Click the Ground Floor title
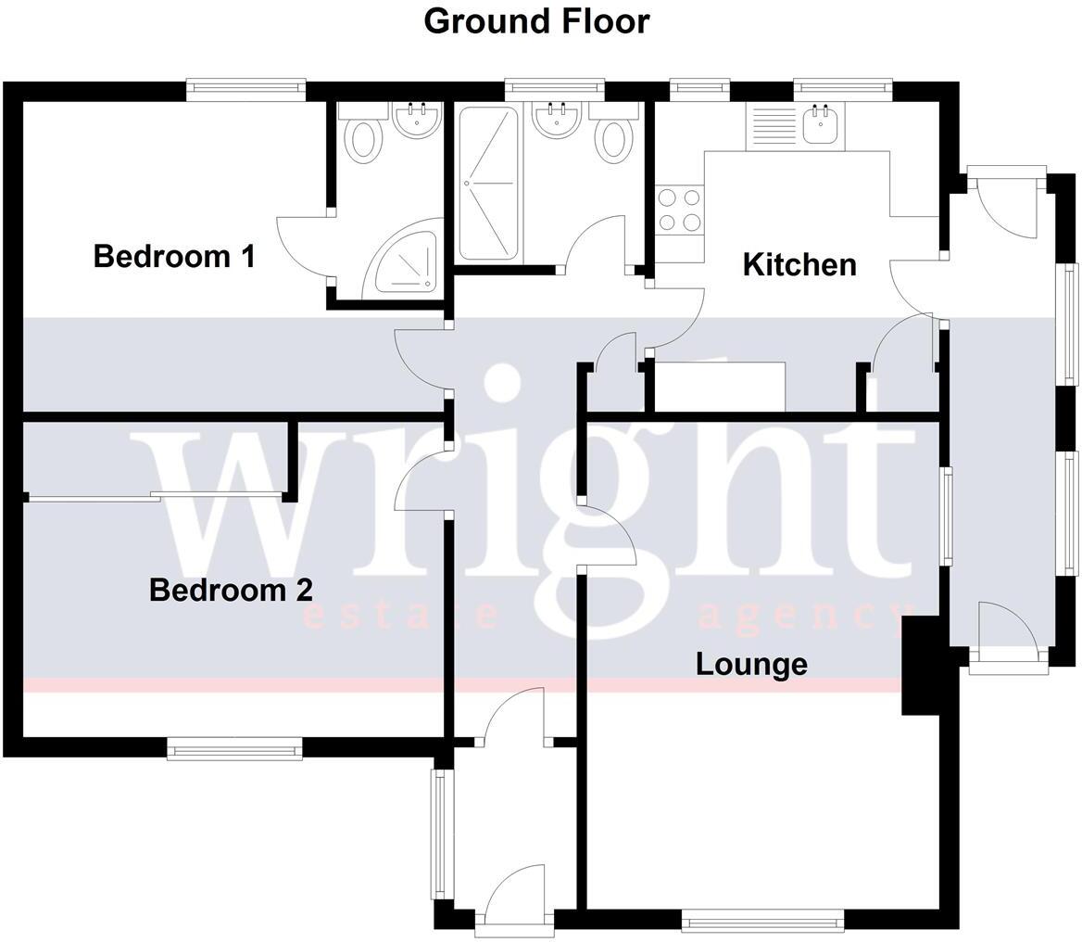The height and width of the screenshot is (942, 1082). [536, 21]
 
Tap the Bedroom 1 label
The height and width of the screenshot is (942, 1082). [174, 256]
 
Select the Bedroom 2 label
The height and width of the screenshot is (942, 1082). [231, 590]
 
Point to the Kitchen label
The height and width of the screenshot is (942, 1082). [799, 264]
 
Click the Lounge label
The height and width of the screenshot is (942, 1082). [751, 664]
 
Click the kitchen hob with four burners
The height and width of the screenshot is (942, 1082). [679, 210]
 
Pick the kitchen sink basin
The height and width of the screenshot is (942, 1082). [823, 125]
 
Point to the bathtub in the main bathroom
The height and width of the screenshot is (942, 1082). [489, 183]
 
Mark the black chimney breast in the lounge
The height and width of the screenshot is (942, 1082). [920, 666]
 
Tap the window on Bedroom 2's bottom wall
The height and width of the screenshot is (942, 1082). [234, 748]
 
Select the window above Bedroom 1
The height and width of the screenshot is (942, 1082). [245, 89]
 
